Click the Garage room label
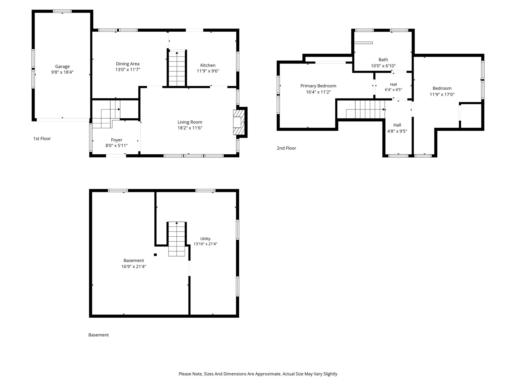click(62, 67)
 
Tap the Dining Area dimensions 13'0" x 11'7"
click(128, 70)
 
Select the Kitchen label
click(208, 65)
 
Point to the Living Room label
click(190, 122)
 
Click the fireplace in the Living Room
click(239, 122)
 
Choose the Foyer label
click(117, 140)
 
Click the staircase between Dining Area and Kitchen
click(177, 69)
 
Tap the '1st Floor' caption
click(42, 139)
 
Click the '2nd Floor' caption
click(286, 148)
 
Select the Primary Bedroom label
click(318, 86)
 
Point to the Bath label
click(383, 60)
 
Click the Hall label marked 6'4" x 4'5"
click(394, 84)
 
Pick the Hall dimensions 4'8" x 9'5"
click(397, 131)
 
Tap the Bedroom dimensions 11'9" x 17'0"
click(442, 94)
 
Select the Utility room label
click(205, 239)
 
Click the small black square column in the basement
click(155, 255)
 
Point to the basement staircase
click(177, 239)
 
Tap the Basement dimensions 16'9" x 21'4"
click(134, 267)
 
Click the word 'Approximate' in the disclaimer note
click(268, 374)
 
